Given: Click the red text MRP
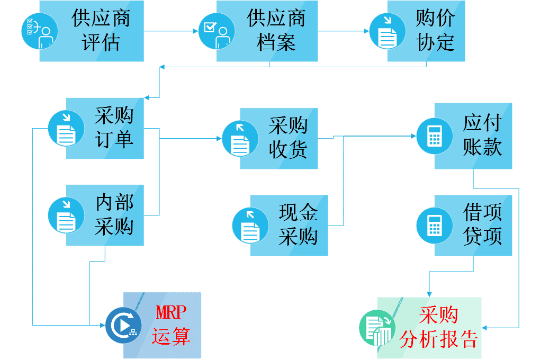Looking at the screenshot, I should (x=170, y=313).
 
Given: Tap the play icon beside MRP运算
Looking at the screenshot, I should (x=123, y=324).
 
